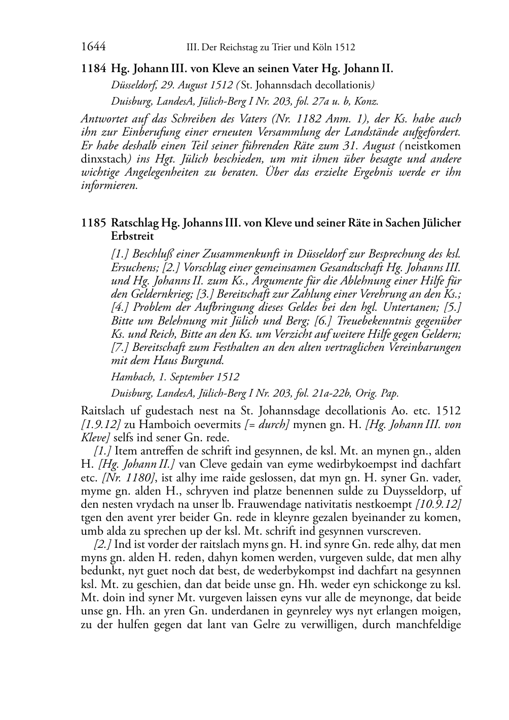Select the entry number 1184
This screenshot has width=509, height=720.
(93, 69)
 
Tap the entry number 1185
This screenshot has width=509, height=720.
(93, 223)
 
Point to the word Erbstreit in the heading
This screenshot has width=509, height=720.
(132, 236)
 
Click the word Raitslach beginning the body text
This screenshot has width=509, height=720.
(100, 410)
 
